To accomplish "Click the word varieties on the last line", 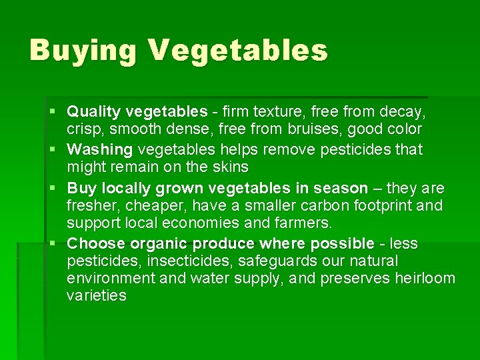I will [x=97, y=296].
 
